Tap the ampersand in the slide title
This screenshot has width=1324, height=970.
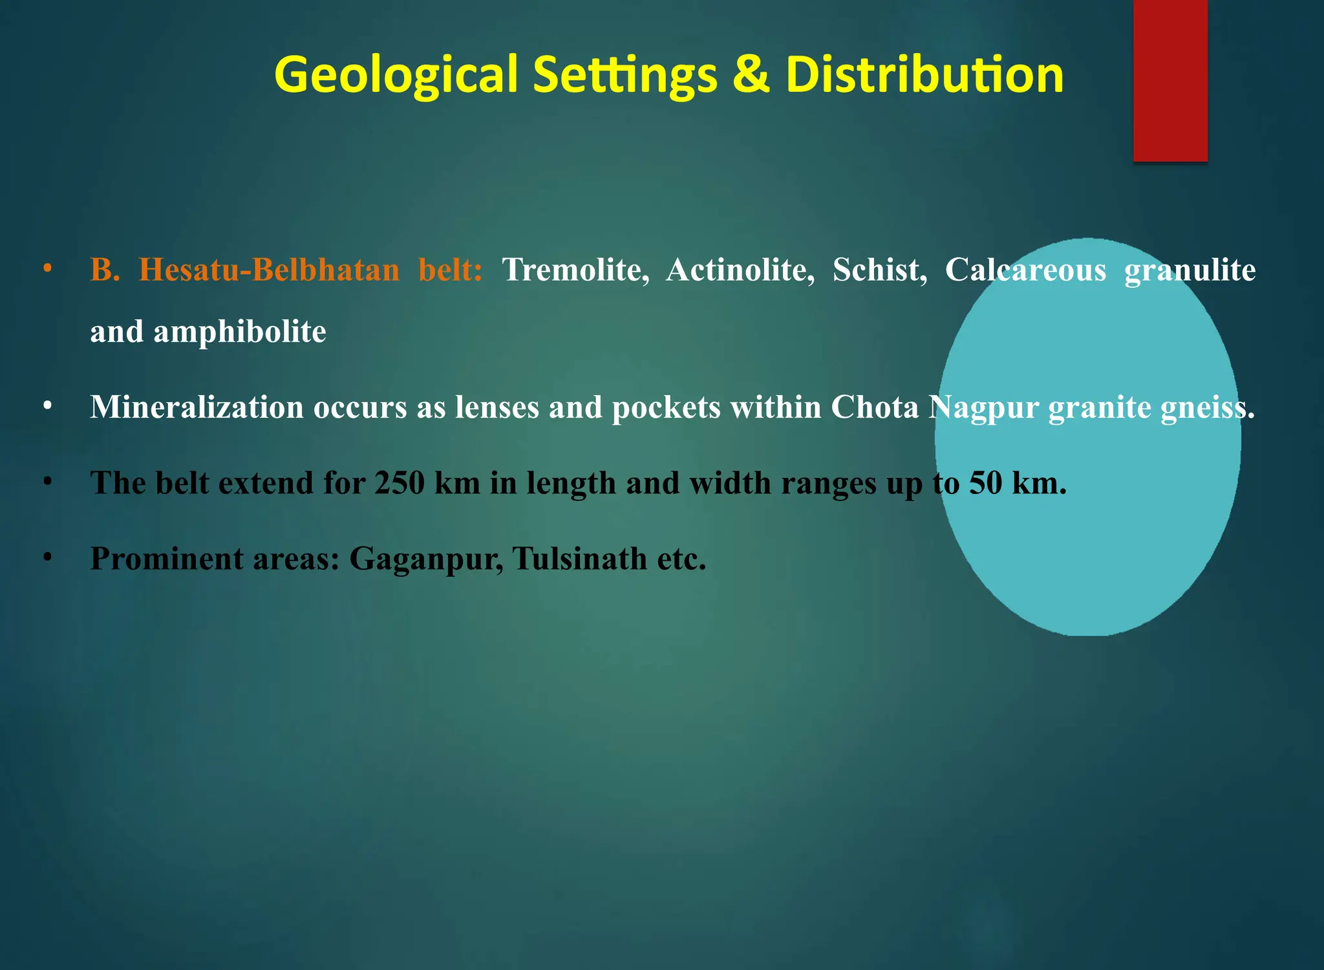click(751, 74)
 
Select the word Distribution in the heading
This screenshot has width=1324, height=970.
click(924, 74)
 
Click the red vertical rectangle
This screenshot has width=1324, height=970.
click(1170, 80)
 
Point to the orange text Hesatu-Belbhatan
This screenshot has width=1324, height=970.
click(269, 270)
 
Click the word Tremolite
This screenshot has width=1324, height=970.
click(575, 270)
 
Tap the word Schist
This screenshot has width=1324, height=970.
click(879, 270)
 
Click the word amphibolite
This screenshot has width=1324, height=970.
click(239, 332)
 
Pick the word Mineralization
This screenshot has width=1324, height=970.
click(197, 407)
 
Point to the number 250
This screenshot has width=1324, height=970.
click(400, 483)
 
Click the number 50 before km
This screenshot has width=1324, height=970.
click(985, 483)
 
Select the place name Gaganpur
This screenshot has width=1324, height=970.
click(426, 559)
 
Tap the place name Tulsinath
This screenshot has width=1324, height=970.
click(579, 559)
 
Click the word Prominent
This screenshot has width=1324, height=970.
click(166, 559)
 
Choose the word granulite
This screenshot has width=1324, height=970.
click(1190, 270)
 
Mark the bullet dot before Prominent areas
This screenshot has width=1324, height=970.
click(47, 557)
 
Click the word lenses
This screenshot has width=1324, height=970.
click(496, 407)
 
